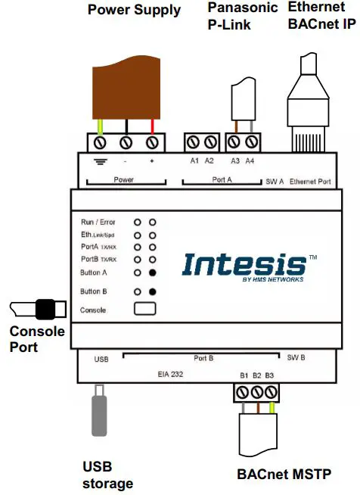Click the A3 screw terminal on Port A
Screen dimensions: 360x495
coord(234,142)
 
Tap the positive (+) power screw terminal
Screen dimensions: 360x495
coord(152,143)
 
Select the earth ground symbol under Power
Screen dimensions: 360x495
coord(101,162)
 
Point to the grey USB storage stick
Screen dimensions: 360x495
coord(99,410)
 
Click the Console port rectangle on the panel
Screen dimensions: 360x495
coord(144,308)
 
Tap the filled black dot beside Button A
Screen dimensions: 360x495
coord(152,272)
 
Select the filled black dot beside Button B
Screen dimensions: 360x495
coord(152,292)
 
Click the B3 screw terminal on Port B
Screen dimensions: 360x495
coord(271,393)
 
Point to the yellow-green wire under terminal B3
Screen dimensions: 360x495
coord(272,408)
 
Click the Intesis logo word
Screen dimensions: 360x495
coord(244,264)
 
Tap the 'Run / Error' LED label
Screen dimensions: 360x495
coord(98,223)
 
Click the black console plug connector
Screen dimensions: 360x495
coord(45,310)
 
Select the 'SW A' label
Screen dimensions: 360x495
coord(275,182)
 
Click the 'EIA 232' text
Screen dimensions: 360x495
coord(170,375)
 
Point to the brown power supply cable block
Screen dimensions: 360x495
coord(126,88)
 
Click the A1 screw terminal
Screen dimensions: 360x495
coord(193,142)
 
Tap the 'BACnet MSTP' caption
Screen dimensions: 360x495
coord(284,474)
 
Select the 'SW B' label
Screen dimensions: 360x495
coord(296,358)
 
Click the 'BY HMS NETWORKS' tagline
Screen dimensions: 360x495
coord(273,279)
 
